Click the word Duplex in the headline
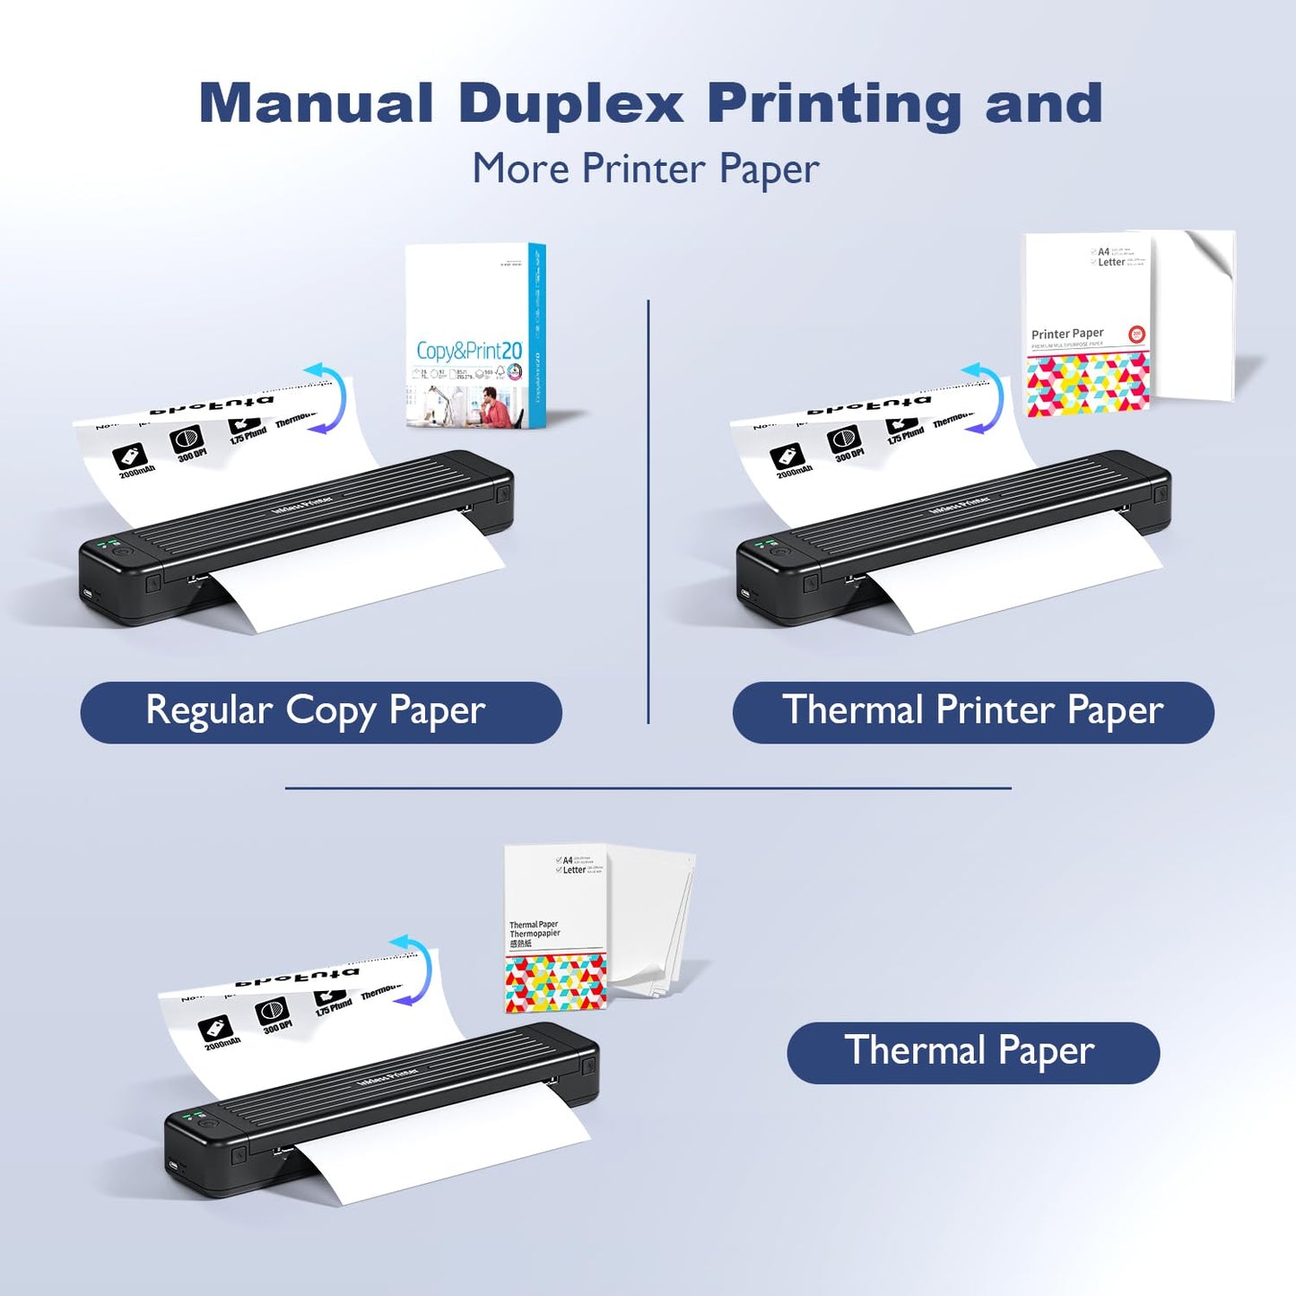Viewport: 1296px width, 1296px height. click(570, 104)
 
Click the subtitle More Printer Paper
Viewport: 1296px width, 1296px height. click(646, 169)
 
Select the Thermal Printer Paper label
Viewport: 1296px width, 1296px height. click(973, 712)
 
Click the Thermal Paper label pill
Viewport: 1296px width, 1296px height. click(972, 1052)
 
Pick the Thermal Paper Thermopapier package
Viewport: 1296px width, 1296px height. click(556, 929)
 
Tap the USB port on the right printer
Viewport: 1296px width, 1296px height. click(744, 593)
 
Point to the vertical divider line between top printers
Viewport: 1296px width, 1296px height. click(648, 511)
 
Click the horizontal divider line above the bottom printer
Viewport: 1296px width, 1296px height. click(648, 788)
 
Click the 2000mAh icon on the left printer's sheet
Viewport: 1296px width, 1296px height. click(131, 458)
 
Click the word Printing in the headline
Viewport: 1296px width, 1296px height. click(834, 104)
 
